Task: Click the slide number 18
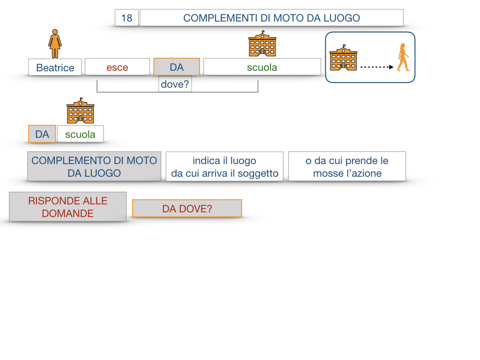pos(127,18)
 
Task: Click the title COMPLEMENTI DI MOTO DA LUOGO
pos(271,18)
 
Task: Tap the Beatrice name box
pos(55,67)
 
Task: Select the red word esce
pos(117,67)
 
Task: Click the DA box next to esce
pos(177,67)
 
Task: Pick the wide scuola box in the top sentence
pos(262,67)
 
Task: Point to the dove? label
pos(175,84)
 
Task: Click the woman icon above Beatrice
pos(55,43)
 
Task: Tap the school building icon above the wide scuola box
pos(262,44)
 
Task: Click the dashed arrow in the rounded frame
pos(376,67)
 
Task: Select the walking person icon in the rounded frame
pos(403,58)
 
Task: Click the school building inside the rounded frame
pos(343,58)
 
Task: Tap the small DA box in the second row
pos(42,134)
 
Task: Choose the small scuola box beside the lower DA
pos(80,134)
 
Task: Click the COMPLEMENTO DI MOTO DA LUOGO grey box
pos(94,166)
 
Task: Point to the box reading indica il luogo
pos(225,166)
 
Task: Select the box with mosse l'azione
pos(347,166)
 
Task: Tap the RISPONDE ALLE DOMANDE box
pos(68,207)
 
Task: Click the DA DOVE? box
pos(187,209)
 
